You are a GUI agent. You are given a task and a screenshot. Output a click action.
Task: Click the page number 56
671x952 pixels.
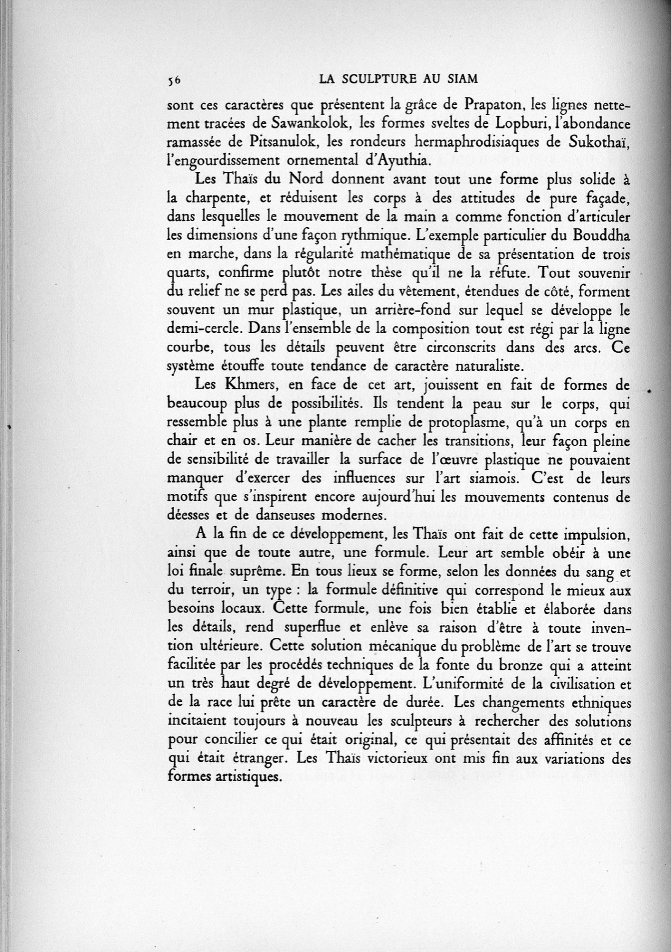pos(173,80)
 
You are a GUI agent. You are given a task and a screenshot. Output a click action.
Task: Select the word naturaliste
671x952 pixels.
pos(486,367)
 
